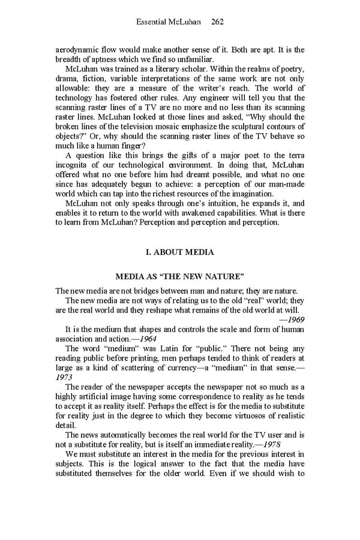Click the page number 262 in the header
(217, 22)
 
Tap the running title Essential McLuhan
(170, 22)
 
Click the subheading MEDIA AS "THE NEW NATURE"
(179, 277)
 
